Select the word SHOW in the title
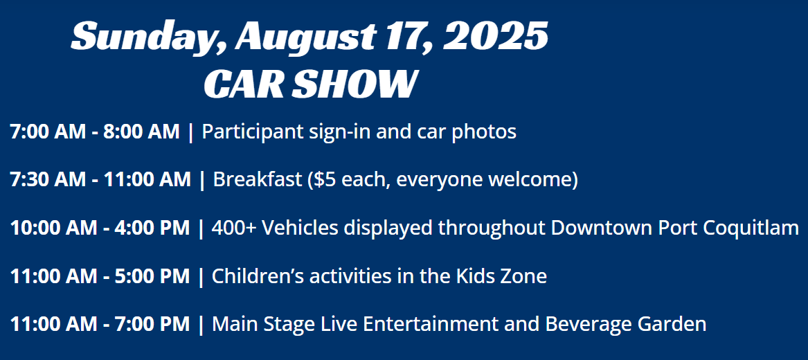354,84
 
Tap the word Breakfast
257,180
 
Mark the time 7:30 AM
49,180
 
